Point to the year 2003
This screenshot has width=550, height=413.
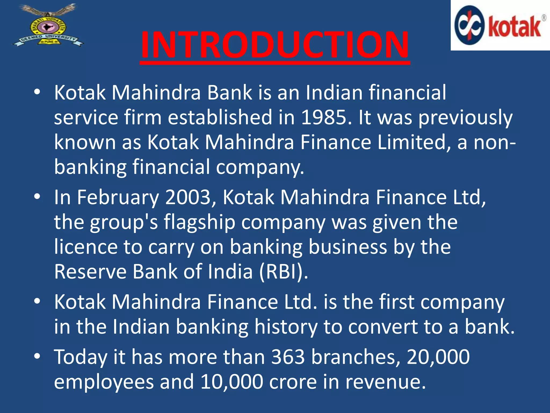188,197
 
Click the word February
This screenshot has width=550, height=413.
118,197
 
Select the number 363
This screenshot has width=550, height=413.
288,357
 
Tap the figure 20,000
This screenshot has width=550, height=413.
438,357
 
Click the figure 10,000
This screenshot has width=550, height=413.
231,382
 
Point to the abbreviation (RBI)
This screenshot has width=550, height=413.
283,272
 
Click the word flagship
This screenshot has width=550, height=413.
200,223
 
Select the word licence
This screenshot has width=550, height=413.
86,247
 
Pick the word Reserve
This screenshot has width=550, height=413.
90,272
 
